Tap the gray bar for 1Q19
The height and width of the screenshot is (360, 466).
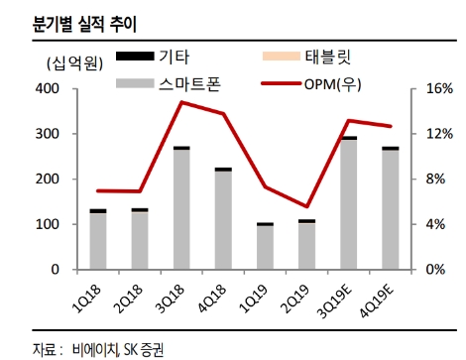pyautogui.click(x=266, y=248)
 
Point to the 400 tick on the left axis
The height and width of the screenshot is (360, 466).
pyautogui.click(x=46, y=89)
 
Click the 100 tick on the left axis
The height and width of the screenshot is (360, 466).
pyautogui.click(x=46, y=224)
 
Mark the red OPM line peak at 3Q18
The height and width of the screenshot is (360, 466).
pyautogui.click(x=181, y=102)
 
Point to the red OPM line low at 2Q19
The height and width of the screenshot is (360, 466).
pyautogui.click(x=307, y=206)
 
